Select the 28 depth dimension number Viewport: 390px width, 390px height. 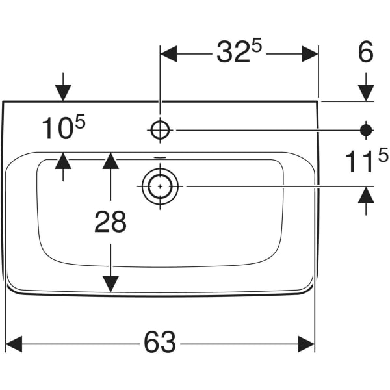(110, 222)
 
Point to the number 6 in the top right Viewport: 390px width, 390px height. (366, 53)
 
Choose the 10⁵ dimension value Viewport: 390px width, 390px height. (63, 129)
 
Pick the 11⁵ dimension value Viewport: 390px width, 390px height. (366, 161)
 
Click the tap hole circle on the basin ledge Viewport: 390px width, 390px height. (160, 130)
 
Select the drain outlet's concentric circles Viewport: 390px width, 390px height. (160, 187)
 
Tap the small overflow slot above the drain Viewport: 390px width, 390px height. (160, 157)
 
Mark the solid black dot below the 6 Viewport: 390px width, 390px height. (366, 130)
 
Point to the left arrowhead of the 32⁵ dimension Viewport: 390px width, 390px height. (168, 54)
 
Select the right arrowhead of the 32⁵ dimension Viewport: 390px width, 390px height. (309, 54)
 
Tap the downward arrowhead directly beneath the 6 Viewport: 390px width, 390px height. (366, 93)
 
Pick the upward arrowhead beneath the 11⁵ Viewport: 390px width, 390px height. (366, 195)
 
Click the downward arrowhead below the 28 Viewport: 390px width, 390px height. (110, 283)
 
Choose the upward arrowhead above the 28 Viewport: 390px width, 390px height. (110, 161)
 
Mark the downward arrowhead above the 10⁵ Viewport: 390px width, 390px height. (63, 93)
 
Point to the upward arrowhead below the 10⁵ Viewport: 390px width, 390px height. (63, 161)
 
